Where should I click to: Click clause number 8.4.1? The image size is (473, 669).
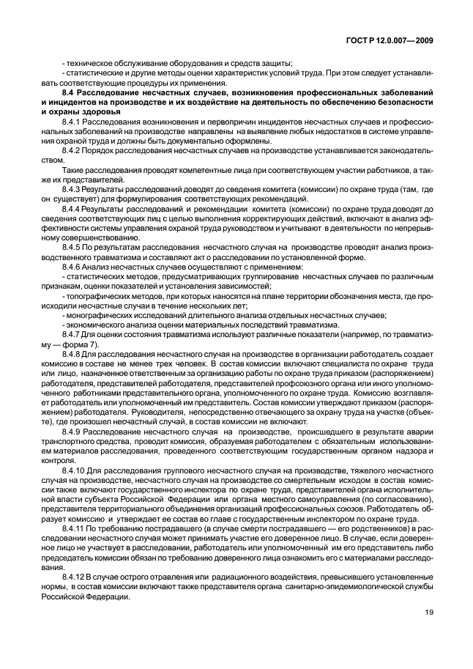[75, 121]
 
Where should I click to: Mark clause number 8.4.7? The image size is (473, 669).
[75, 334]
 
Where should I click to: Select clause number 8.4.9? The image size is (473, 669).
[75, 431]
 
